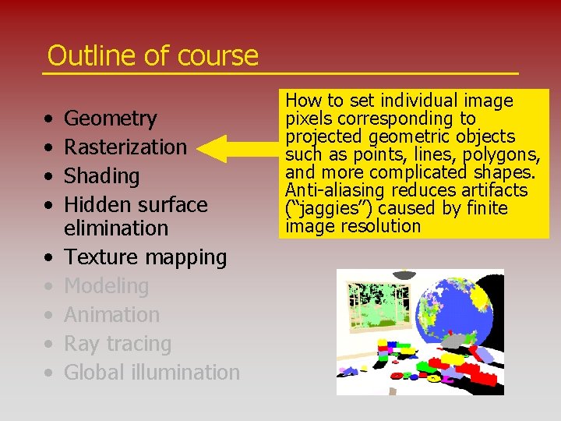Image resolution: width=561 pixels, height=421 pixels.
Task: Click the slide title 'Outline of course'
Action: pyautogui.click(x=152, y=55)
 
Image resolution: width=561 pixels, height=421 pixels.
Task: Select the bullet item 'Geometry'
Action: pyautogui.click(x=110, y=119)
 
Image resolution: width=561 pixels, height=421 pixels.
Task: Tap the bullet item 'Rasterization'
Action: pyautogui.click(x=125, y=147)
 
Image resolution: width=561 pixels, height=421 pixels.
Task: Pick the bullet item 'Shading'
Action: pyautogui.click(x=101, y=176)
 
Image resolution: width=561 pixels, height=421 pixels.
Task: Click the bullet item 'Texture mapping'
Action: pyautogui.click(x=145, y=257)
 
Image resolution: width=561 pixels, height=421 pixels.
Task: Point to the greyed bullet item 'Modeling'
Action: pyautogui.click(x=106, y=286)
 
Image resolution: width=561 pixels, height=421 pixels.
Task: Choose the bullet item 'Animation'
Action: pyautogui.click(x=111, y=315)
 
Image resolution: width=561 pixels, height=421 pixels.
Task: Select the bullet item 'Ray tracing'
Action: pyautogui.click(x=117, y=344)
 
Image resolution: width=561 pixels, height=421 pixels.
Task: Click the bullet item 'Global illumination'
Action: pyautogui.click(x=151, y=373)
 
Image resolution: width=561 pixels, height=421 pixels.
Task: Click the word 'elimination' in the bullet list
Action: pyautogui.click(x=115, y=228)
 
